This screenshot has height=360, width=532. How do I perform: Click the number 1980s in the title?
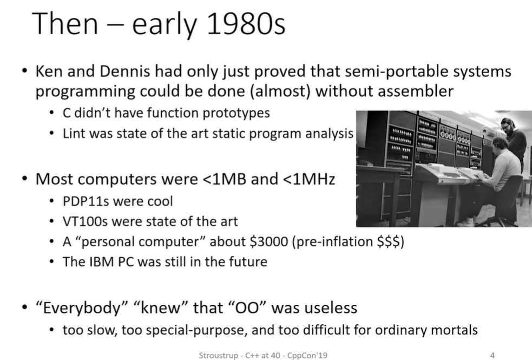point(246,24)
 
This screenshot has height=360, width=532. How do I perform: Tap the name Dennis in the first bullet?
point(125,71)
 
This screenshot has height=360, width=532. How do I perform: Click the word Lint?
point(71,133)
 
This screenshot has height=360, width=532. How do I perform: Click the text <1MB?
point(224,179)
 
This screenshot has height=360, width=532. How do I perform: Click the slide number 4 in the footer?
point(492,355)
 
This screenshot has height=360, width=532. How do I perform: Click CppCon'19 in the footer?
point(307,355)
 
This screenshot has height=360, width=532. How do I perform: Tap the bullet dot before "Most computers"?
point(24,179)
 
